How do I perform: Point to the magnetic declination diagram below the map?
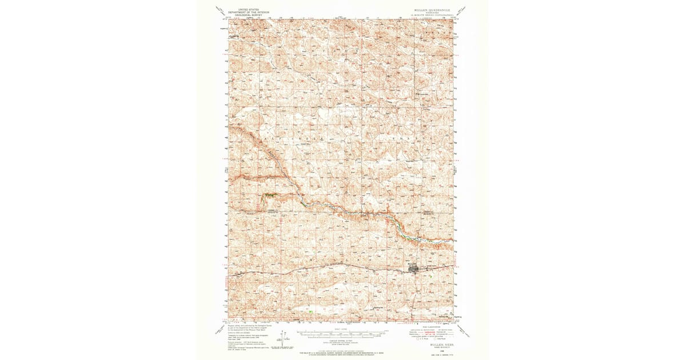(281, 337)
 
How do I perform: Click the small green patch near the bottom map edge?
(310, 312)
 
